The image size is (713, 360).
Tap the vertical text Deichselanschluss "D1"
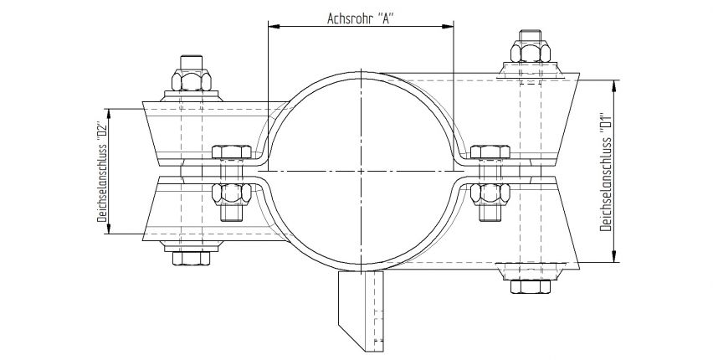click(604, 172)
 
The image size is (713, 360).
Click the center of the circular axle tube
click(360, 173)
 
